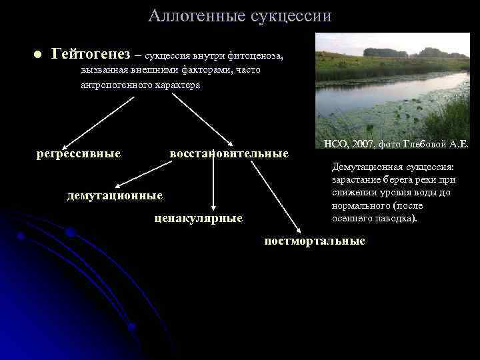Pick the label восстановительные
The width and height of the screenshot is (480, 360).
pyautogui.click(x=229, y=154)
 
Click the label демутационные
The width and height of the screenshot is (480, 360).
pyautogui.click(x=115, y=196)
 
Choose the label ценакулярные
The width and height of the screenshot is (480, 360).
pyautogui.click(x=198, y=218)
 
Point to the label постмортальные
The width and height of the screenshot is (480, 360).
pyautogui.click(x=315, y=241)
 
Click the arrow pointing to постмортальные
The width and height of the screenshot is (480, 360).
pyautogui.click(x=261, y=194)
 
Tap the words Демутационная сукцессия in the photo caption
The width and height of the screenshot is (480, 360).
pyautogui.click(x=393, y=168)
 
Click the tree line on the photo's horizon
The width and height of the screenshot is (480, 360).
pyautogui.click(x=400, y=53)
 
